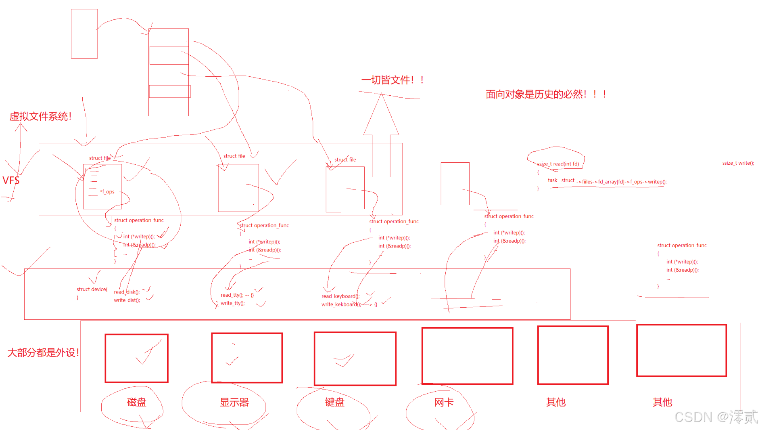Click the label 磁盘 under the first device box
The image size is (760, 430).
136,402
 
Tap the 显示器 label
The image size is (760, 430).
234,402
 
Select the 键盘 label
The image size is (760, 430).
334,402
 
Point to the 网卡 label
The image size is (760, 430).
444,402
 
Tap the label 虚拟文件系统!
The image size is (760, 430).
40,117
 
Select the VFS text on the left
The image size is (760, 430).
11,180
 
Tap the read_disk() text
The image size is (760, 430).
127,292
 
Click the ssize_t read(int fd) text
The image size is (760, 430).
558,164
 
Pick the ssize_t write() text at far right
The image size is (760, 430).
738,163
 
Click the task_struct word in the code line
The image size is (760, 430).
561,180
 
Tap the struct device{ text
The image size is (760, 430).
92,289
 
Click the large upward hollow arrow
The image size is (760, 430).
381,133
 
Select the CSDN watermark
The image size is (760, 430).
716,417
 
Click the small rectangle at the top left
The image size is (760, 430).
84,34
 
